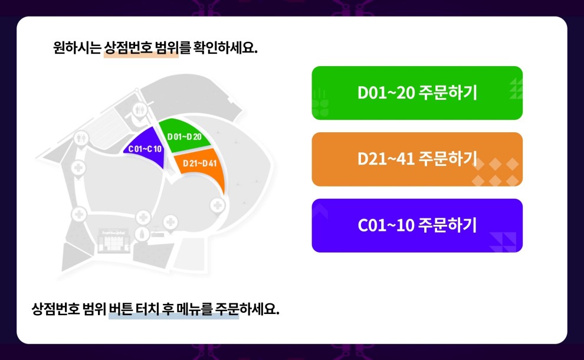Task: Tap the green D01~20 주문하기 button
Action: pos(417,93)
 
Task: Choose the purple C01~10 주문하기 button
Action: pos(417,225)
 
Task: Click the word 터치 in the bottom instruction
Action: pos(147,309)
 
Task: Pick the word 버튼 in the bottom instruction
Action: pos(122,309)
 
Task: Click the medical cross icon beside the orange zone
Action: pos(218,205)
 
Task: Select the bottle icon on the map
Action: pos(142,234)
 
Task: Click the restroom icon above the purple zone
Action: pos(139,109)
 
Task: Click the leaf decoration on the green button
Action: pos(321,105)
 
